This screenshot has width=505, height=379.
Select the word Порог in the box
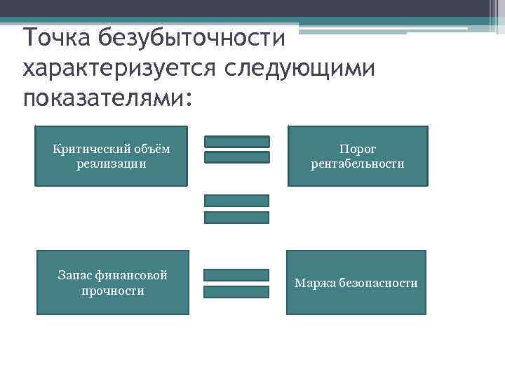coord(358,149)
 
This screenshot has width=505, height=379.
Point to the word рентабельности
coord(358,164)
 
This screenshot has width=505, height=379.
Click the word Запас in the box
coord(74,275)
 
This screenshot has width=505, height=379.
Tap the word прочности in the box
coord(112,290)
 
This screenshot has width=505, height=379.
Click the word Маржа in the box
coord(314,283)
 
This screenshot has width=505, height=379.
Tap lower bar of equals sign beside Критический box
coord(236,157)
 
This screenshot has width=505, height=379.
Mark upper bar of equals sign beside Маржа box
coord(236,274)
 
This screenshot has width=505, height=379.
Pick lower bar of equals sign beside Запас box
coord(236,291)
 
